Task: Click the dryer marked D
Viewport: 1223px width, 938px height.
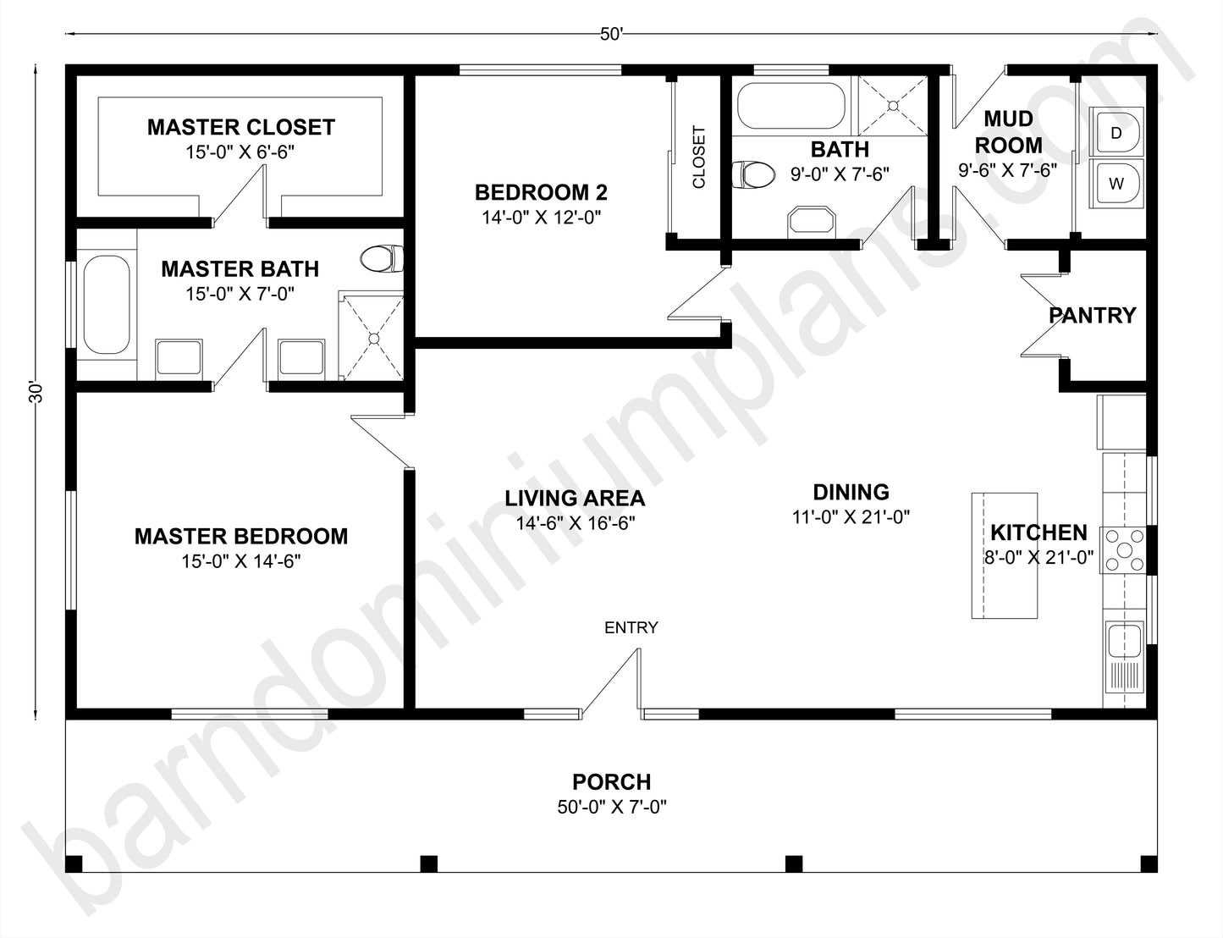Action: (x=1116, y=132)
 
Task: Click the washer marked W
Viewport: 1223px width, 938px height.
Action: (x=1116, y=183)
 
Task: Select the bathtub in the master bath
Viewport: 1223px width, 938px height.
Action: (x=107, y=305)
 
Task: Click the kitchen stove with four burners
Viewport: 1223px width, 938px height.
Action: (x=1123, y=550)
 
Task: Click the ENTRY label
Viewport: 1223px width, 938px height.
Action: (x=631, y=627)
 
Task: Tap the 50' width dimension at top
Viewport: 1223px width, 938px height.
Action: (x=611, y=34)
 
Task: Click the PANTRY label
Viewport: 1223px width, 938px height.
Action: (x=1092, y=316)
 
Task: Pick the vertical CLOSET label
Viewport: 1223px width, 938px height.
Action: (x=699, y=157)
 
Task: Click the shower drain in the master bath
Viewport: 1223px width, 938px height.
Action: (x=372, y=337)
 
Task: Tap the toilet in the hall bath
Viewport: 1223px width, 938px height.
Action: (x=752, y=175)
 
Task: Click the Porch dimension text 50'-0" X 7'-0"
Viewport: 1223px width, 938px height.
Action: (x=611, y=807)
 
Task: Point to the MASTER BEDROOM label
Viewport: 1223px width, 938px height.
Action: (x=240, y=536)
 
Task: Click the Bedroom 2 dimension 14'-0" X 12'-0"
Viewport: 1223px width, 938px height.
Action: (x=541, y=218)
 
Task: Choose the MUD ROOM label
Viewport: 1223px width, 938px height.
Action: (x=1007, y=132)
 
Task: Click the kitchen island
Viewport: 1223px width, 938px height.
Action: (x=1004, y=555)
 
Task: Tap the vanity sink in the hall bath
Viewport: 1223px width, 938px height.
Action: (x=812, y=221)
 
